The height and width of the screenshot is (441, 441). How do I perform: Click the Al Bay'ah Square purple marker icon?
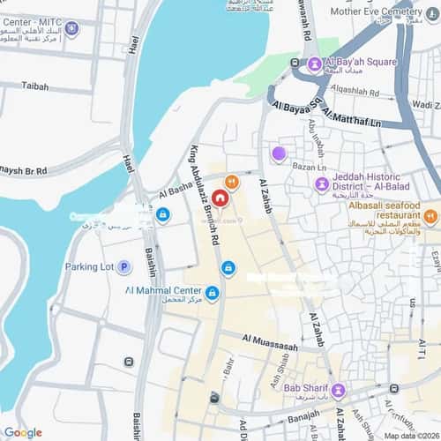[315, 64]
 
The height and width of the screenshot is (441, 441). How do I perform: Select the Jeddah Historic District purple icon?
[322, 183]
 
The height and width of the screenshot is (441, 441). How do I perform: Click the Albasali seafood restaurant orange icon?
[430, 216]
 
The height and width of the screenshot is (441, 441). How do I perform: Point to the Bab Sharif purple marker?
[338, 390]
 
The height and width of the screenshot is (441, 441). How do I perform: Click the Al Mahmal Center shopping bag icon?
[213, 293]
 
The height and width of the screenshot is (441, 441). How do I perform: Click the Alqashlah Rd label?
[355, 92]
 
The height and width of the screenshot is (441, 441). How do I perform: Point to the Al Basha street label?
[175, 187]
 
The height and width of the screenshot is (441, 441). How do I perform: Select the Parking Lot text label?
[90, 266]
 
